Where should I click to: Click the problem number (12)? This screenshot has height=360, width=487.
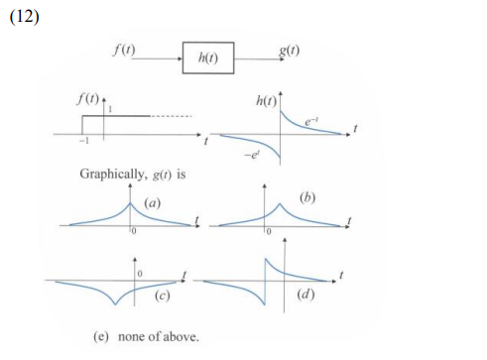(x=23, y=16)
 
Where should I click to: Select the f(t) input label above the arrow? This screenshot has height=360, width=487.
(x=126, y=45)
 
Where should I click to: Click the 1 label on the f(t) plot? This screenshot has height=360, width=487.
(x=110, y=107)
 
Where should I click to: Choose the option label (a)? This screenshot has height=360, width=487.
(x=152, y=202)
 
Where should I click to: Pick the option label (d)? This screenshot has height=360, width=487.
(x=306, y=295)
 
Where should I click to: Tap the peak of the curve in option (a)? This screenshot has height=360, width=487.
(x=130, y=204)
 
